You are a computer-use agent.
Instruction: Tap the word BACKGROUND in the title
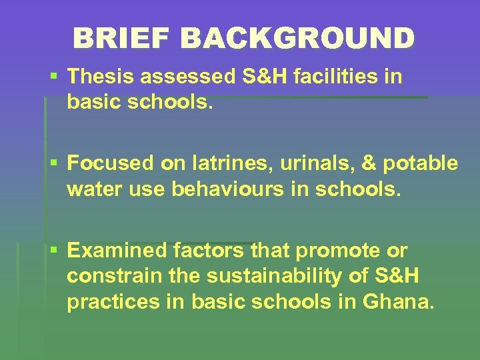(297, 38)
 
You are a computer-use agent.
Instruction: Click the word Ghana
(398, 302)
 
